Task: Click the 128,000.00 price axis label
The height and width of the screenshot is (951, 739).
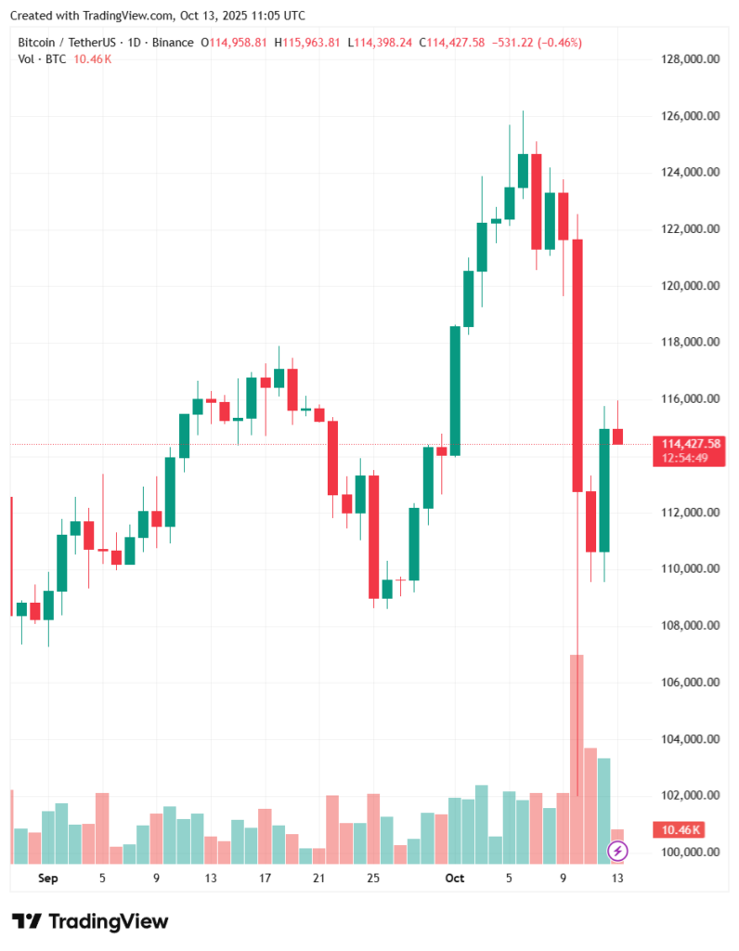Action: tap(687, 59)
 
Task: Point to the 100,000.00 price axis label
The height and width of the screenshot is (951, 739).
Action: tap(687, 853)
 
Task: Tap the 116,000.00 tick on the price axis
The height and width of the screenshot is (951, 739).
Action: tap(687, 399)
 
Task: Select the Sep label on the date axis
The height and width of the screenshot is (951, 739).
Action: tap(48, 878)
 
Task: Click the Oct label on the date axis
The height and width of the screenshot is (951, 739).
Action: tap(454, 878)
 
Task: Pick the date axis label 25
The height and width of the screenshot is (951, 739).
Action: tap(373, 878)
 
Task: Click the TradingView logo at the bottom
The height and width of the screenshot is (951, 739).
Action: tap(91, 921)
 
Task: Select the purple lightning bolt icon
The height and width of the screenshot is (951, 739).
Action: tap(617, 850)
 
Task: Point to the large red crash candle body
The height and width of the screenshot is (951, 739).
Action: tap(577, 362)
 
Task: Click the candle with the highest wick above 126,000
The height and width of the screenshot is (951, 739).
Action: tap(523, 170)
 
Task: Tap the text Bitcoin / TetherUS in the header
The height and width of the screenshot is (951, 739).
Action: tap(64, 43)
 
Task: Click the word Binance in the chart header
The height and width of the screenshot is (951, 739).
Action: tap(173, 43)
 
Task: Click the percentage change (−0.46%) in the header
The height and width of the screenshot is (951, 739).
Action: tap(560, 43)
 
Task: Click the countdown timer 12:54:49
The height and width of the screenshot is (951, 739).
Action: tap(686, 458)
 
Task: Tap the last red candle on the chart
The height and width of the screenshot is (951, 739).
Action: tap(617, 436)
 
